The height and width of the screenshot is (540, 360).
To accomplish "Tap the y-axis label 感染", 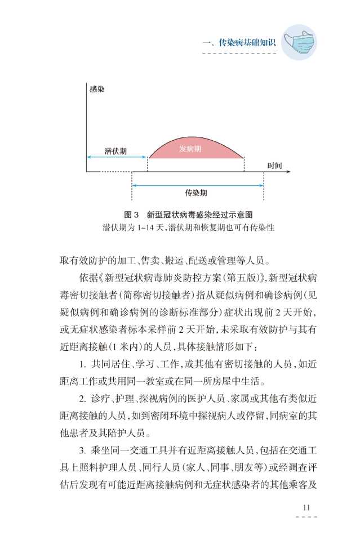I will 96,89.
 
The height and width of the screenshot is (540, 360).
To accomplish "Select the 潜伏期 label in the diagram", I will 115,152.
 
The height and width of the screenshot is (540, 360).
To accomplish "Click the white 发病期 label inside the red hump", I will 190,149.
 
